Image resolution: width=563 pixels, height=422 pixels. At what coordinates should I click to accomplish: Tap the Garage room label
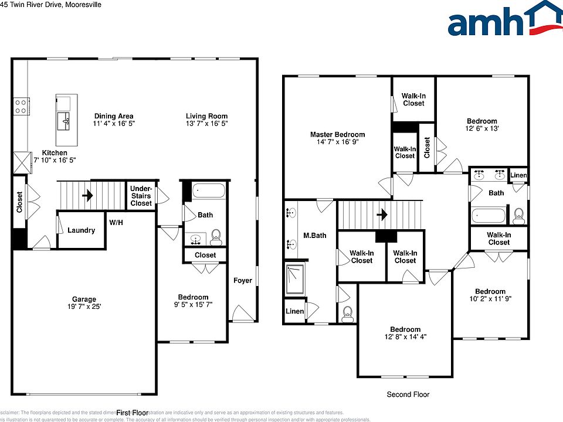coord(84,299)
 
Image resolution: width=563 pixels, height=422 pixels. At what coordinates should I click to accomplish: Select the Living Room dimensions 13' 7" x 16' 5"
coord(207,124)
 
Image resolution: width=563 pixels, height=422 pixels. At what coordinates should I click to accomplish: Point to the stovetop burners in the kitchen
coord(21,106)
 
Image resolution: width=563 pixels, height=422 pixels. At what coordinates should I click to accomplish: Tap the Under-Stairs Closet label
coord(141,196)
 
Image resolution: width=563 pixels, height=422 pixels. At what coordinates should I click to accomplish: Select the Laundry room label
coord(81,230)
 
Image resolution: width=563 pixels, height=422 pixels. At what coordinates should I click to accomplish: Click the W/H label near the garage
coord(116,223)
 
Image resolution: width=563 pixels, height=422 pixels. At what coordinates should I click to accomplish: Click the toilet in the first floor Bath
coord(215,236)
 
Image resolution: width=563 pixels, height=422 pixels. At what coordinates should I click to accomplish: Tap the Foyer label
coord(243,280)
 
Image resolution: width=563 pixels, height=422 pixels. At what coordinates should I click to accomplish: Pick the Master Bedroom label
coord(337,135)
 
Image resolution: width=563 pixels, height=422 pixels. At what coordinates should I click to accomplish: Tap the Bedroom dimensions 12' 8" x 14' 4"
coord(405,337)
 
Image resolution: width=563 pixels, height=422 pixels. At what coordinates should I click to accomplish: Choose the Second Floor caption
coord(408,394)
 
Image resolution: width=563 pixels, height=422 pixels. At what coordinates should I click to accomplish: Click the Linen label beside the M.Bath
coord(295,311)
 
